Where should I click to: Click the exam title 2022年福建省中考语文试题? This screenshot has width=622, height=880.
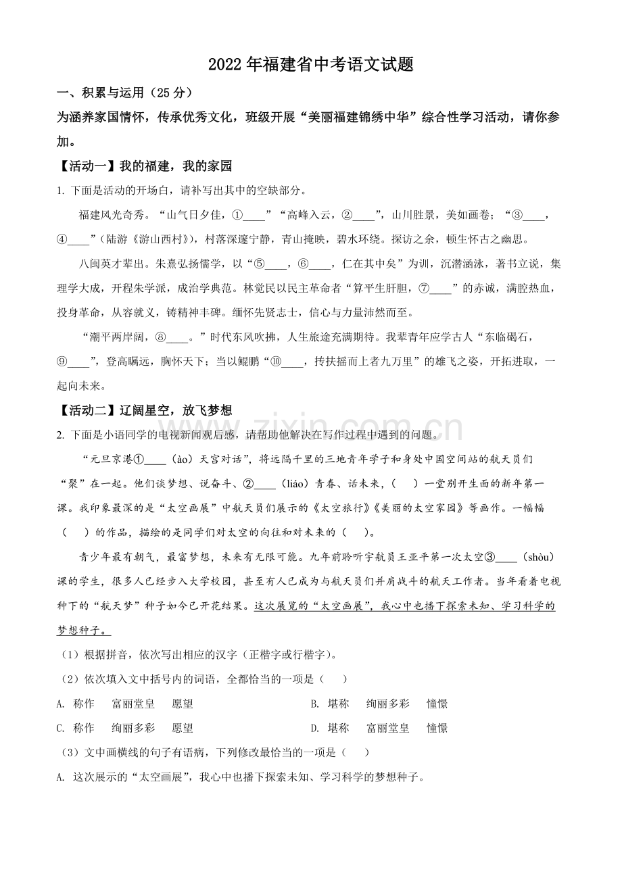tap(310, 64)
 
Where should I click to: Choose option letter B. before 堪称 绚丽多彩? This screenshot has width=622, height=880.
tap(314, 704)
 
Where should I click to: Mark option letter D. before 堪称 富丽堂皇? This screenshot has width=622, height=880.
tap(314, 728)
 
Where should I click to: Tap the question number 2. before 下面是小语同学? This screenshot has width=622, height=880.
tap(60, 435)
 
